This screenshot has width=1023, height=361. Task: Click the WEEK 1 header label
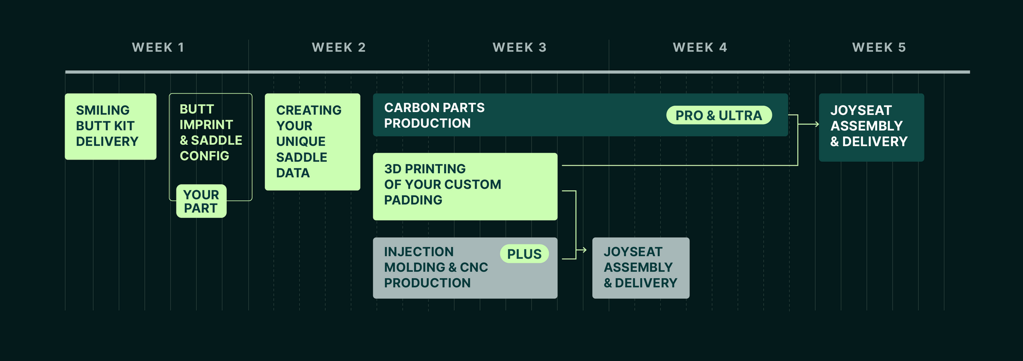158,48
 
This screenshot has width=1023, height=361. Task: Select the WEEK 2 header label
339,48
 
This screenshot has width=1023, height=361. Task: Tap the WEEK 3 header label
519,48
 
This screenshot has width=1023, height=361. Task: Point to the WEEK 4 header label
700,48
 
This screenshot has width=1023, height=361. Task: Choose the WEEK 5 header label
879,48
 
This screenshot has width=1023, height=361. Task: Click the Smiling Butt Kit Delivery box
110,126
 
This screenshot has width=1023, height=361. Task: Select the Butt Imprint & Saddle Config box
211,133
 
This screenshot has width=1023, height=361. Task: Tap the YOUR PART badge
201,201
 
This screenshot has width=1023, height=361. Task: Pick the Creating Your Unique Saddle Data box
312,142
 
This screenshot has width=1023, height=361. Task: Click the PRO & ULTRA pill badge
719,116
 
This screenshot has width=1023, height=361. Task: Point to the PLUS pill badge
524,254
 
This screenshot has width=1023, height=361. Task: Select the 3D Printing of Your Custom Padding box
465,186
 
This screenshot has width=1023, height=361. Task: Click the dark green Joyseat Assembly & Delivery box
871,127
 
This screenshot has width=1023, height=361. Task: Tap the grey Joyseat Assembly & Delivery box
640,268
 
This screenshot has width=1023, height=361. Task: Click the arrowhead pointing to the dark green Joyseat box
816,124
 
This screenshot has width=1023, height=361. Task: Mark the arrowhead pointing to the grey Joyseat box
584,250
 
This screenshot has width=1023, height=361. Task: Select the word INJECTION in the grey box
418,252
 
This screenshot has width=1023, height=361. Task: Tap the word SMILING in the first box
103,110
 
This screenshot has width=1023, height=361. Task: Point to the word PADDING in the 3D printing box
413,200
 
